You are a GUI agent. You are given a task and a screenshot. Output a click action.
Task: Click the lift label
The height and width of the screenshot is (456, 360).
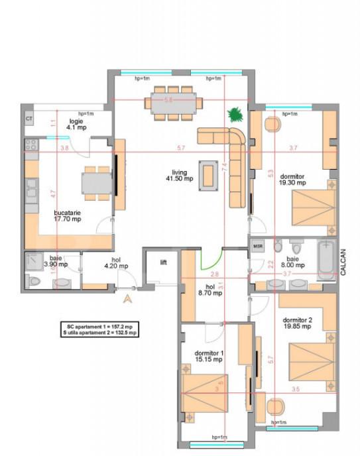(163, 262)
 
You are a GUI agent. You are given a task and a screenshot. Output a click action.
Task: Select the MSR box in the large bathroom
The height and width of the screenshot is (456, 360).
(258, 247)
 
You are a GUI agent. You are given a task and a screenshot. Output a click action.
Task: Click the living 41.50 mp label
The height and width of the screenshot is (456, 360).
(179, 175)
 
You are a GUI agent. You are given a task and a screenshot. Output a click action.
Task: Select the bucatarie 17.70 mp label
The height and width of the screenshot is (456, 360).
(68, 216)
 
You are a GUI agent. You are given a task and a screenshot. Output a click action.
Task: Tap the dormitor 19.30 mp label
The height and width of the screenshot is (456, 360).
(292, 179)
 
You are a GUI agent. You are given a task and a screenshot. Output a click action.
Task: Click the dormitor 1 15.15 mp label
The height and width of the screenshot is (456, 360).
(209, 356)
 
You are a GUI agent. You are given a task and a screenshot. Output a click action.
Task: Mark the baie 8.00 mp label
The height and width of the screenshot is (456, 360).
(292, 262)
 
